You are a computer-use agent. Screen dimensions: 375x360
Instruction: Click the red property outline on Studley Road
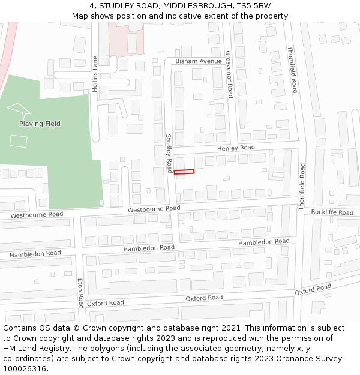[184, 172]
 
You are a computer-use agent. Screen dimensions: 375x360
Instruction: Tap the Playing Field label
[40, 124]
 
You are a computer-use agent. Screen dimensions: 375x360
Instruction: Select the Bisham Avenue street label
[198, 61]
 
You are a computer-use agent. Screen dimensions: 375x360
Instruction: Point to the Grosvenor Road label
[229, 74]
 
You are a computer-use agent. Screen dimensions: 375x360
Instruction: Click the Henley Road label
[236, 148]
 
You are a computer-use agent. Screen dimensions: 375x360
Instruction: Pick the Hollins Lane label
[95, 73]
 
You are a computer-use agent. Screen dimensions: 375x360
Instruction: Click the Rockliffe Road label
[332, 212]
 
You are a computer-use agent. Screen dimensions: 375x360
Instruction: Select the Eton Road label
[80, 293]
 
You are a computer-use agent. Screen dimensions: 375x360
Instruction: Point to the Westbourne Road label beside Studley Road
[154, 209]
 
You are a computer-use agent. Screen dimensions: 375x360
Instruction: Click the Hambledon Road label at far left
[35, 254]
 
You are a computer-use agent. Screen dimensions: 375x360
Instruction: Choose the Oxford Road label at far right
[313, 289]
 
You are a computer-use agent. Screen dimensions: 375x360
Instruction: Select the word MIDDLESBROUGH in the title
[188, 6]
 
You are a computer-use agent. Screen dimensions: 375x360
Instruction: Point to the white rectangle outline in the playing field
[19, 141]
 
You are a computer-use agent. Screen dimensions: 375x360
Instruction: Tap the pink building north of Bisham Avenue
[127, 42]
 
